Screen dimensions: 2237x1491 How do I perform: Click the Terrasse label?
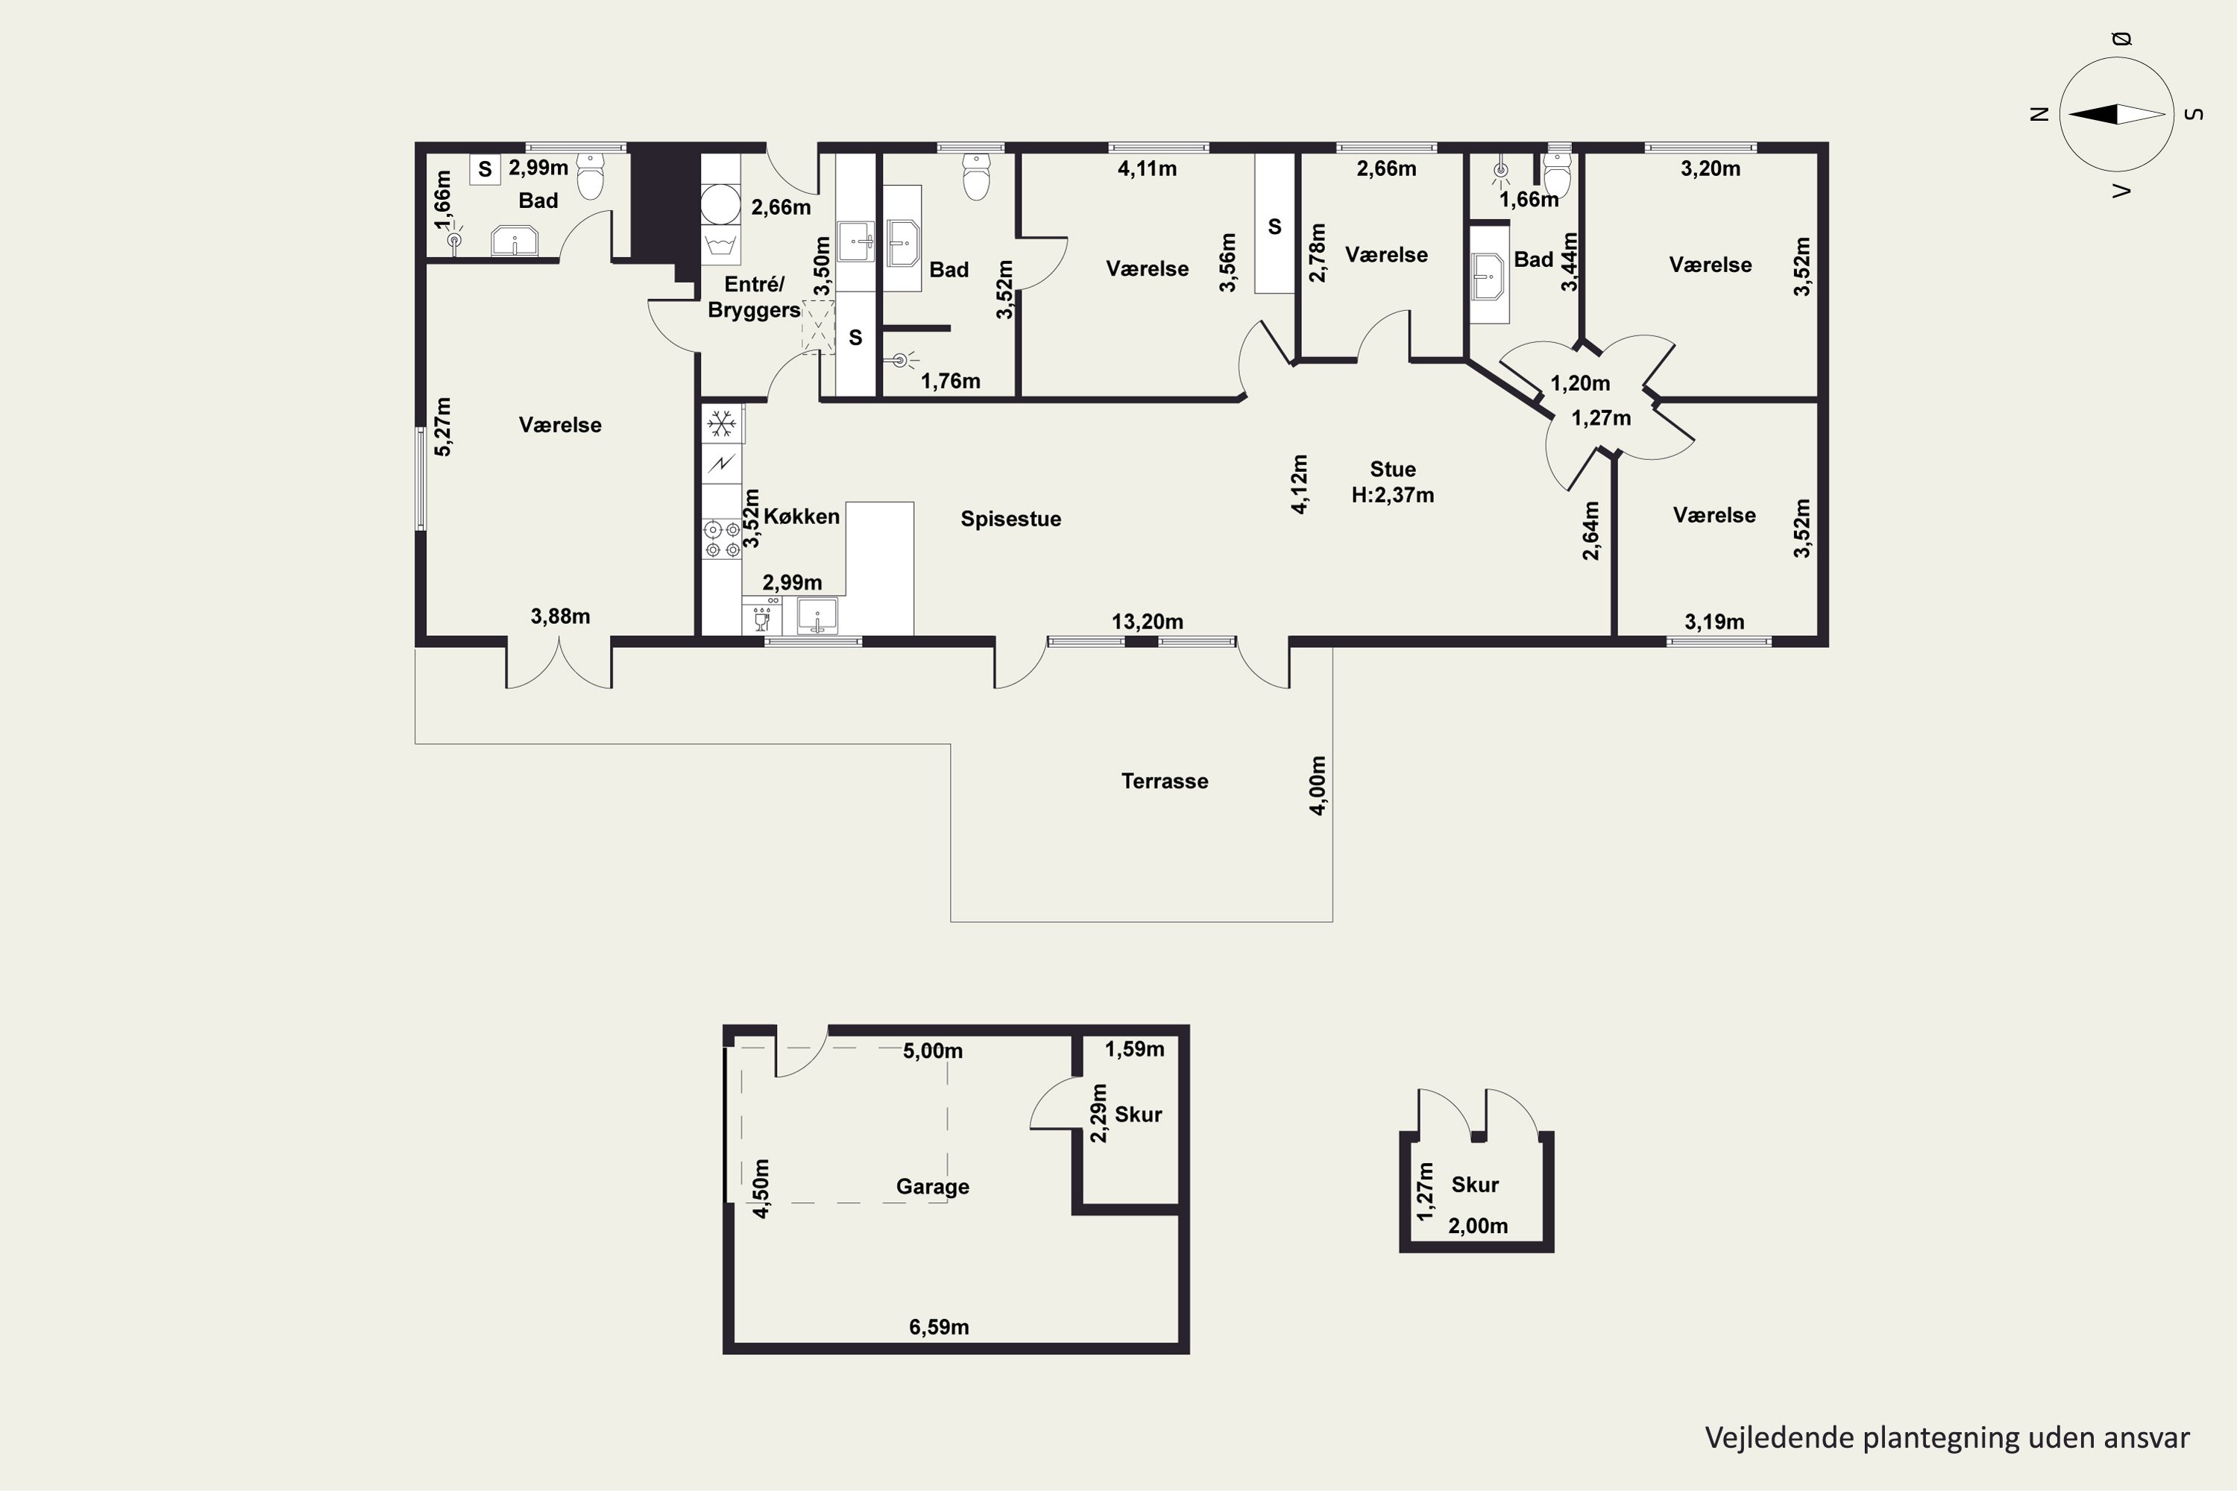[1164, 781]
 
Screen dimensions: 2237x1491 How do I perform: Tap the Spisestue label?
[1010, 519]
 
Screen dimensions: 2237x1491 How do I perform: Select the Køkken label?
[801, 517]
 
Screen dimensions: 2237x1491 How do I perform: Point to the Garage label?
[932, 1187]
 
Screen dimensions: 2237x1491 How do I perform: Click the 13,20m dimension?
[1147, 622]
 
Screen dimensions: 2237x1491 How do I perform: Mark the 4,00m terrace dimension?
[1318, 786]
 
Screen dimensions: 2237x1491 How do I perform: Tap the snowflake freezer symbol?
[722, 424]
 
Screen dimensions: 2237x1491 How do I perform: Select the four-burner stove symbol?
[722, 538]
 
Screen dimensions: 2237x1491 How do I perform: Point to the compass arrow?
[2116, 114]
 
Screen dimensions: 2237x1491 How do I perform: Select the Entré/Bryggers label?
[754, 297]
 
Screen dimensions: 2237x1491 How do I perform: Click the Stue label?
[1392, 470]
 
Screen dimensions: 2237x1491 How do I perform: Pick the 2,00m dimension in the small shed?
[1477, 1226]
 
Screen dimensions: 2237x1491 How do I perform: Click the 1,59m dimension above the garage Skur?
[1133, 1050]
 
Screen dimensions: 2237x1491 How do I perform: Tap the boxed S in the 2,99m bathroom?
[485, 169]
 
